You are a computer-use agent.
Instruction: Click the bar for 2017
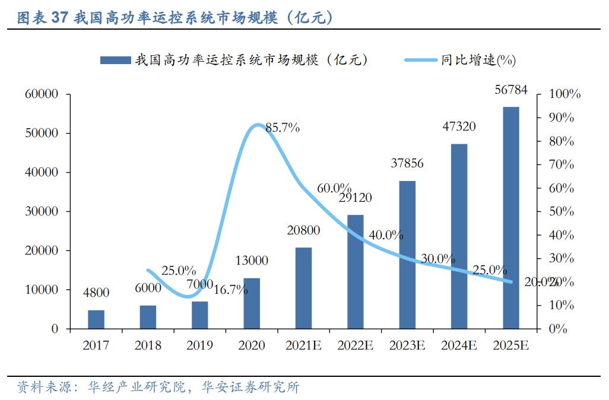[96, 319]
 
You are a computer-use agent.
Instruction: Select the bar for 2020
[252, 303]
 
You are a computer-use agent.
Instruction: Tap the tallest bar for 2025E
[511, 218]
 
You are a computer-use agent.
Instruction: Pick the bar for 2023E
[407, 255]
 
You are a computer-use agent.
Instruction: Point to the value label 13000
[252, 261]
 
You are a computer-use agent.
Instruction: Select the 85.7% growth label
[283, 128]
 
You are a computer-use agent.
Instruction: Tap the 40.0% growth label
[386, 234]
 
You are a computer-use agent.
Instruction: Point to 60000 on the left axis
[41, 94]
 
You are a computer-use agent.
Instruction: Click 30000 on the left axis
[41, 212]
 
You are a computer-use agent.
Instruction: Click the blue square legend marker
[115, 60]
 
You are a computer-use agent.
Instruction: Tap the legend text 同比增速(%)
[478, 60]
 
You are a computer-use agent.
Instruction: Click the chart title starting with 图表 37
[175, 18]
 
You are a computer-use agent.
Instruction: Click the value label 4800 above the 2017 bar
[96, 292]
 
